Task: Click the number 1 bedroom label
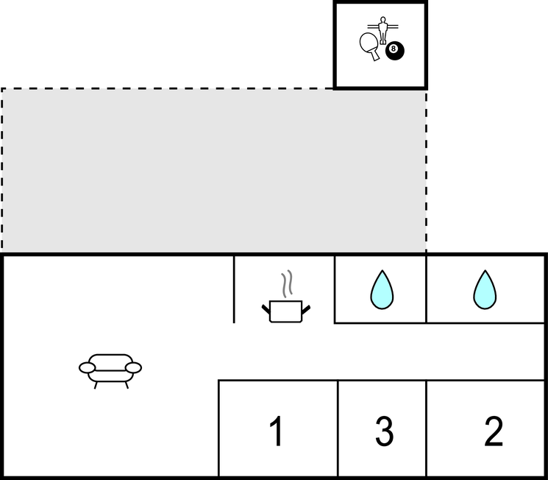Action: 277,431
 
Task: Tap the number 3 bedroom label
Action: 385,431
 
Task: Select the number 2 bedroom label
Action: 494,431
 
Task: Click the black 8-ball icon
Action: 395,51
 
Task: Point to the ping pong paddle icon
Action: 370,46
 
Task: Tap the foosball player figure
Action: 383,30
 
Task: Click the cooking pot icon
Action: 286,311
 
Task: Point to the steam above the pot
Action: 287,283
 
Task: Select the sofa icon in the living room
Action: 110,371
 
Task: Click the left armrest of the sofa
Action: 87,367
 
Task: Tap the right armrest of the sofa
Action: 133,367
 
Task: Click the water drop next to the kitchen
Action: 382,289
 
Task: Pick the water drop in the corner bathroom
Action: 485,289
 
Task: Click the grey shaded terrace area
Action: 214,170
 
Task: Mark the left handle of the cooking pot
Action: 266,309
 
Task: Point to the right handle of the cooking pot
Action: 306,309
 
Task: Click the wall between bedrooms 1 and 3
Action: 338,428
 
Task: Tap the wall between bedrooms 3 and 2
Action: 427,428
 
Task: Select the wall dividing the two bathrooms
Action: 426,289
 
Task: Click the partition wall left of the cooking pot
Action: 234,289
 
